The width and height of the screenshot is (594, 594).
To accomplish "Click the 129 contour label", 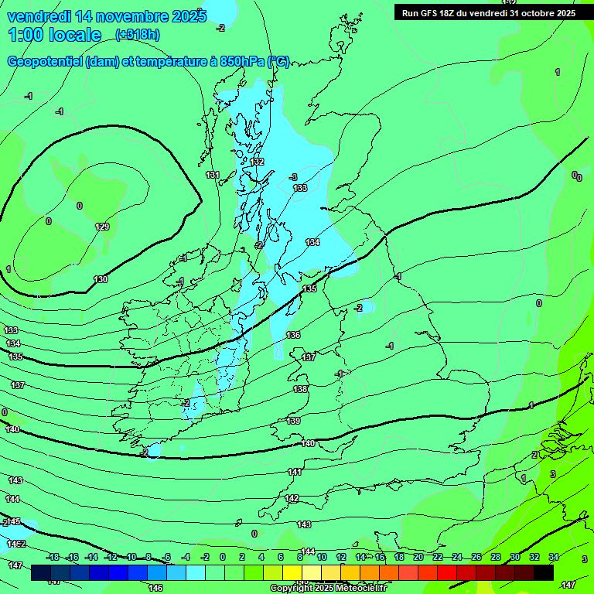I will (102, 227).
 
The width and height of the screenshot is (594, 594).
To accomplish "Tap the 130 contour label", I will (101, 279).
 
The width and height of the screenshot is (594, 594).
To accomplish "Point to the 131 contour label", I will (213, 176).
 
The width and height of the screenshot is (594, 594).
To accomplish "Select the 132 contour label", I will (258, 162).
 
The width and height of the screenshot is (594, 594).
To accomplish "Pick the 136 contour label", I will (293, 335).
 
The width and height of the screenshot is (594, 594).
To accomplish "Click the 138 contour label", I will (301, 389).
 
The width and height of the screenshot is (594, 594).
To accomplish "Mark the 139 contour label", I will (293, 421).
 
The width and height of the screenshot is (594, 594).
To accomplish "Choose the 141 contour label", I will (295, 472).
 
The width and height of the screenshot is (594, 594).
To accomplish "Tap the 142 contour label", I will (292, 499).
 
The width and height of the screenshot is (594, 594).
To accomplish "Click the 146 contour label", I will (155, 588).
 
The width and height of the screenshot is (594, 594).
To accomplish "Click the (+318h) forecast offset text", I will (137, 35).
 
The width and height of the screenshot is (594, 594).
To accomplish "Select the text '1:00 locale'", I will (55, 35).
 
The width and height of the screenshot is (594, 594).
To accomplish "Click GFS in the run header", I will (433, 13).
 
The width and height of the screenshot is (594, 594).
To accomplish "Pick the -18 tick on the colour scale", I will (53, 557).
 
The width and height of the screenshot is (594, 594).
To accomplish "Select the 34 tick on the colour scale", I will (553, 557).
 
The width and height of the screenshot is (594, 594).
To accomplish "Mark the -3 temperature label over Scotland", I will (293, 177).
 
